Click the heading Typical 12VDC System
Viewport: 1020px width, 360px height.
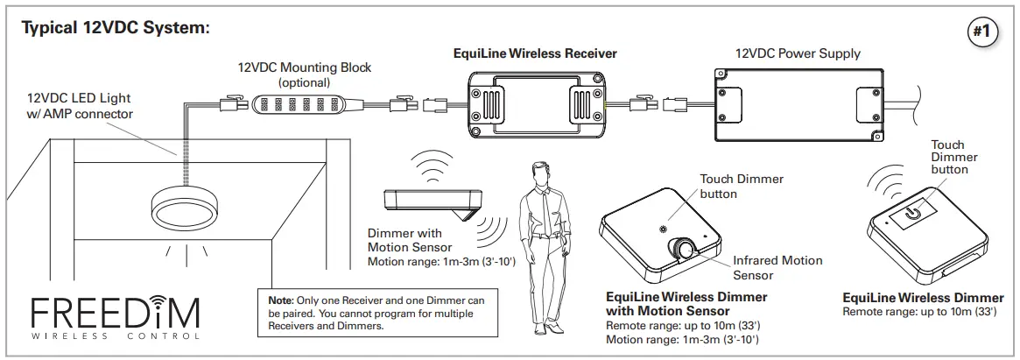(x=116, y=28)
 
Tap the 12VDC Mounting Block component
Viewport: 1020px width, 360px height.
(x=292, y=103)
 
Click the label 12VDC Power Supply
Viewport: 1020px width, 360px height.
(x=798, y=53)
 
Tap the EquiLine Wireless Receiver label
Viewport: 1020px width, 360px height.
(x=535, y=53)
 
